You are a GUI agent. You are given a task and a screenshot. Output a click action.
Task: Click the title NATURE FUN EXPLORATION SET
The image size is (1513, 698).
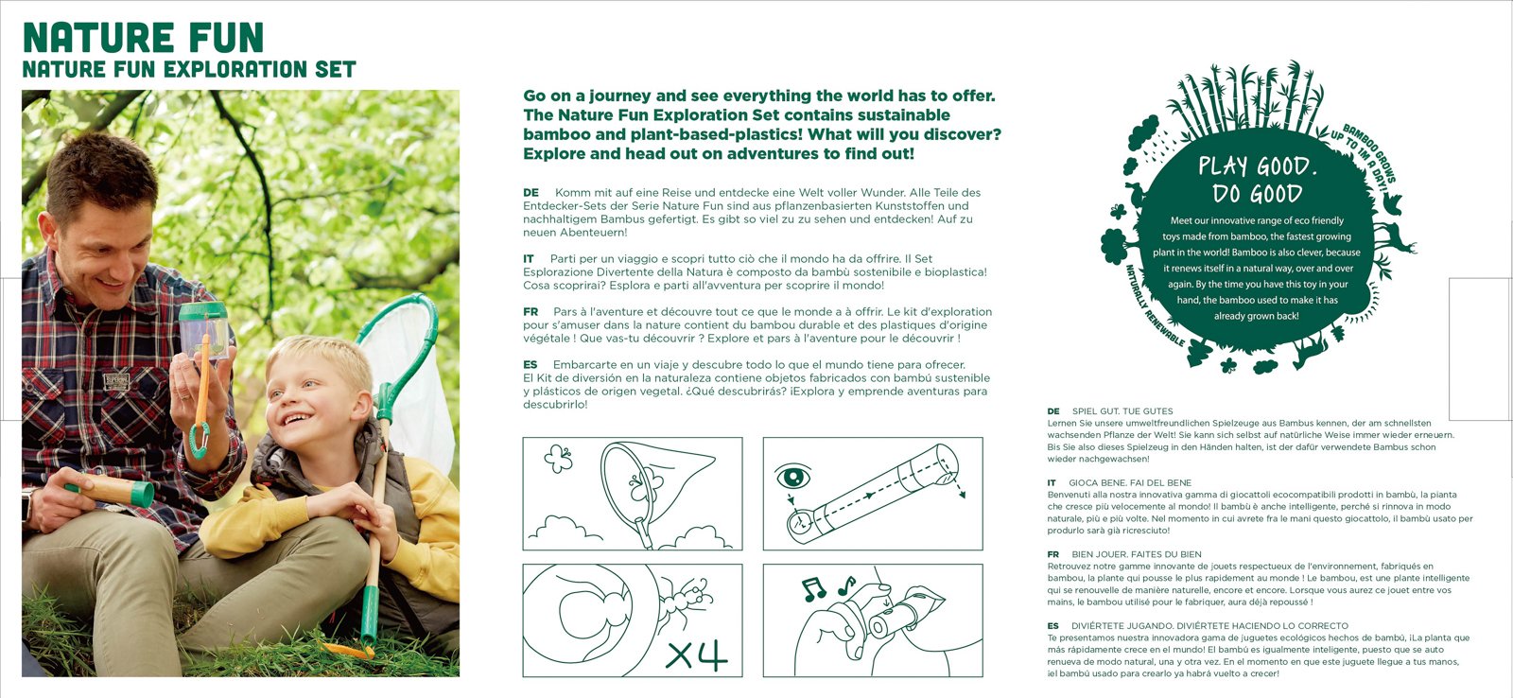[189, 69]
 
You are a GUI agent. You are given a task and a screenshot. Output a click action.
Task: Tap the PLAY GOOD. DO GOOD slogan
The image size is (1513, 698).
[1258, 180]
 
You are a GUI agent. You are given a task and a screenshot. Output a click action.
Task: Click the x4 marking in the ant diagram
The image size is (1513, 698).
[696, 654]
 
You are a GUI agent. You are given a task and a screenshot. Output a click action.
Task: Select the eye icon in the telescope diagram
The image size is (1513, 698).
[793, 477]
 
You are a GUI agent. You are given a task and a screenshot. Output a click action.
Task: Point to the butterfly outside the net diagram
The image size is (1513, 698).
[559, 459]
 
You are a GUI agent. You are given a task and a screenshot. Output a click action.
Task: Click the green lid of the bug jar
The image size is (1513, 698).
[202, 311]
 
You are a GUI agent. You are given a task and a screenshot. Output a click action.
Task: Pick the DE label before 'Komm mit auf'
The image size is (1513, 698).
[530, 193]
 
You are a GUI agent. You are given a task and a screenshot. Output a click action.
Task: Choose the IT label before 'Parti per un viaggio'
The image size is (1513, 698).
[529, 259]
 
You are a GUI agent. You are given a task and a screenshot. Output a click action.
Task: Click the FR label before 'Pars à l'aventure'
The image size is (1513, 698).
[530, 311]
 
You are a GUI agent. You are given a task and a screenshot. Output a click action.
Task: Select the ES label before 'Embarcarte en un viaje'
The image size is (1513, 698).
[530, 365]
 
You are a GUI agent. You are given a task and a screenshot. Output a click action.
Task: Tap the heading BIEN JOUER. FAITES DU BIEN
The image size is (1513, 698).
[1137, 554]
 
